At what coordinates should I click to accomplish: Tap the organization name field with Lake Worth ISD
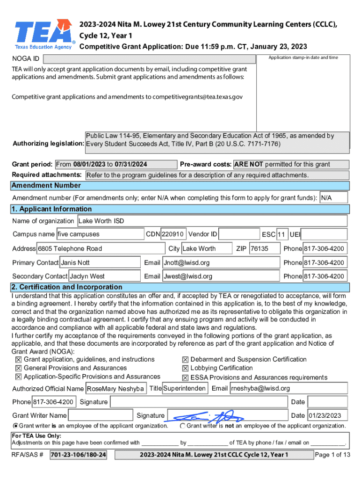click(x=211, y=221)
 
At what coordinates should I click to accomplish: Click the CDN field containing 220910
click(x=173, y=234)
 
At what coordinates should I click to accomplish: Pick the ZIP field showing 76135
click(x=264, y=248)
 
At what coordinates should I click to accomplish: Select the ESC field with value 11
click(x=281, y=234)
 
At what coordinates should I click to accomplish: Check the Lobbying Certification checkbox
click(x=186, y=369)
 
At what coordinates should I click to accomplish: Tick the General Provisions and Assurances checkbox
click(x=19, y=369)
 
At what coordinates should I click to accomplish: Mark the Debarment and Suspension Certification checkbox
click(x=186, y=360)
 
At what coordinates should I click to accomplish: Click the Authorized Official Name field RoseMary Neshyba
click(x=115, y=389)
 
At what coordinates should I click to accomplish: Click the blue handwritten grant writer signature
click(x=206, y=416)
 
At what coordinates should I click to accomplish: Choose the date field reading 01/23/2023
click(x=326, y=415)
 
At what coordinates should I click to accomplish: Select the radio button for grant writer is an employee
click(x=16, y=426)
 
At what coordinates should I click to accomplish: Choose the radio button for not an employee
click(x=182, y=426)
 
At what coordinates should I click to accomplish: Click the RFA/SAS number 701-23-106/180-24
click(x=78, y=455)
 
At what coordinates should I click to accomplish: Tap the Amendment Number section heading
click(x=46, y=185)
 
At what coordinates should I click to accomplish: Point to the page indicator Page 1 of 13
click(x=332, y=455)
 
